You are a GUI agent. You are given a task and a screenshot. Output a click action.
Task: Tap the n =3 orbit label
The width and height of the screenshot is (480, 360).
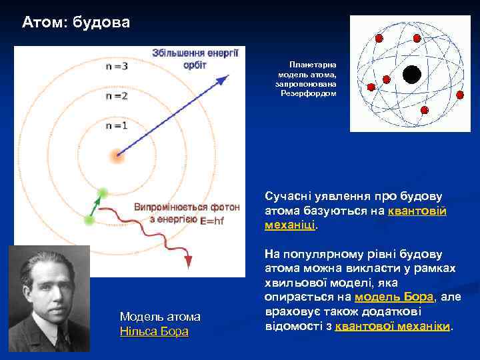117,67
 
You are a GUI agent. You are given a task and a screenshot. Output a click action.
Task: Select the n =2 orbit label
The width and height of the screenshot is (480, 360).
117,96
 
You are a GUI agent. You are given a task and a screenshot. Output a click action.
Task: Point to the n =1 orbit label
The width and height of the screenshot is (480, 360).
116,125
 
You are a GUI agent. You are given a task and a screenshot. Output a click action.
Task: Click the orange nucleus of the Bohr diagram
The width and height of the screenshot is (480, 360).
117,157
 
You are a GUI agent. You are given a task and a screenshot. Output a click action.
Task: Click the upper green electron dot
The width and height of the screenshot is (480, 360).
102,193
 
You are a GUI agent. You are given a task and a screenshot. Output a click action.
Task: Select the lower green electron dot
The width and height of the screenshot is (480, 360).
89,219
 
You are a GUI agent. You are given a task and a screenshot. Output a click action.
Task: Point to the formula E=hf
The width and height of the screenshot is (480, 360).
213,220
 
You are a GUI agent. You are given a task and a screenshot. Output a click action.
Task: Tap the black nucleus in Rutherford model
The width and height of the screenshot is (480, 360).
412,75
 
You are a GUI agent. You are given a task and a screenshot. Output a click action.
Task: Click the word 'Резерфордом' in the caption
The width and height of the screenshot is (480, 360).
308,93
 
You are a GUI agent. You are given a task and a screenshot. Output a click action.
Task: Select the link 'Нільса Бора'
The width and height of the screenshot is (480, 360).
154,331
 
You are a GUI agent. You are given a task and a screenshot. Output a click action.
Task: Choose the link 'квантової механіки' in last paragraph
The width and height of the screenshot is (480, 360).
393,327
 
